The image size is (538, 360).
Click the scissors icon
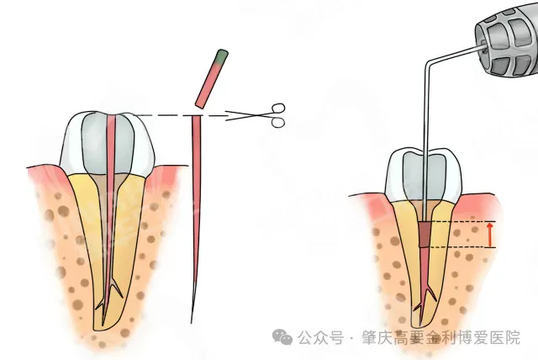click(261, 115)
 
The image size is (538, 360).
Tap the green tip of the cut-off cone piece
click(222, 56)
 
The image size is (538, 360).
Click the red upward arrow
click(490, 235)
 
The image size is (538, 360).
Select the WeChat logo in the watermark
click(282, 336)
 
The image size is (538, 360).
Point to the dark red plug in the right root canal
click(425, 235)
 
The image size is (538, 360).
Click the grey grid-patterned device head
click(507, 41)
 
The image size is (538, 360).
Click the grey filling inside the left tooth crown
click(108, 144)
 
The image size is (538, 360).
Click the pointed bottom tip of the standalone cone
click(192, 322)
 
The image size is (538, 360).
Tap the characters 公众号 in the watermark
click(321, 337)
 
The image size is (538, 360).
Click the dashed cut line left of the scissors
click(178, 115)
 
